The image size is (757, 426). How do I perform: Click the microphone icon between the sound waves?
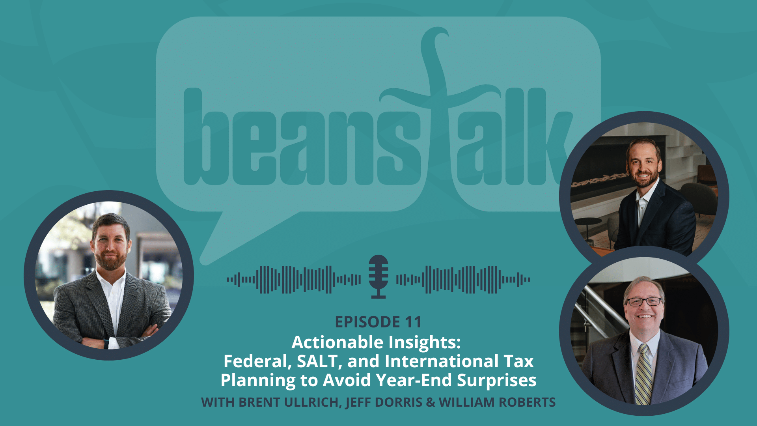pyautogui.click(x=378, y=277)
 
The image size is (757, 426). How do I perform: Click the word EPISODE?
pyautogui.click(x=367, y=322)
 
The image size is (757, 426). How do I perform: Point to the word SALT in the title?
pyautogui.click(x=317, y=361)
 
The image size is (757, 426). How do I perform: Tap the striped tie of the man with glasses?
pyautogui.click(x=643, y=375)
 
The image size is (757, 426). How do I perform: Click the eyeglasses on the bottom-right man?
pyautogui.click(x=644, y=302)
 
